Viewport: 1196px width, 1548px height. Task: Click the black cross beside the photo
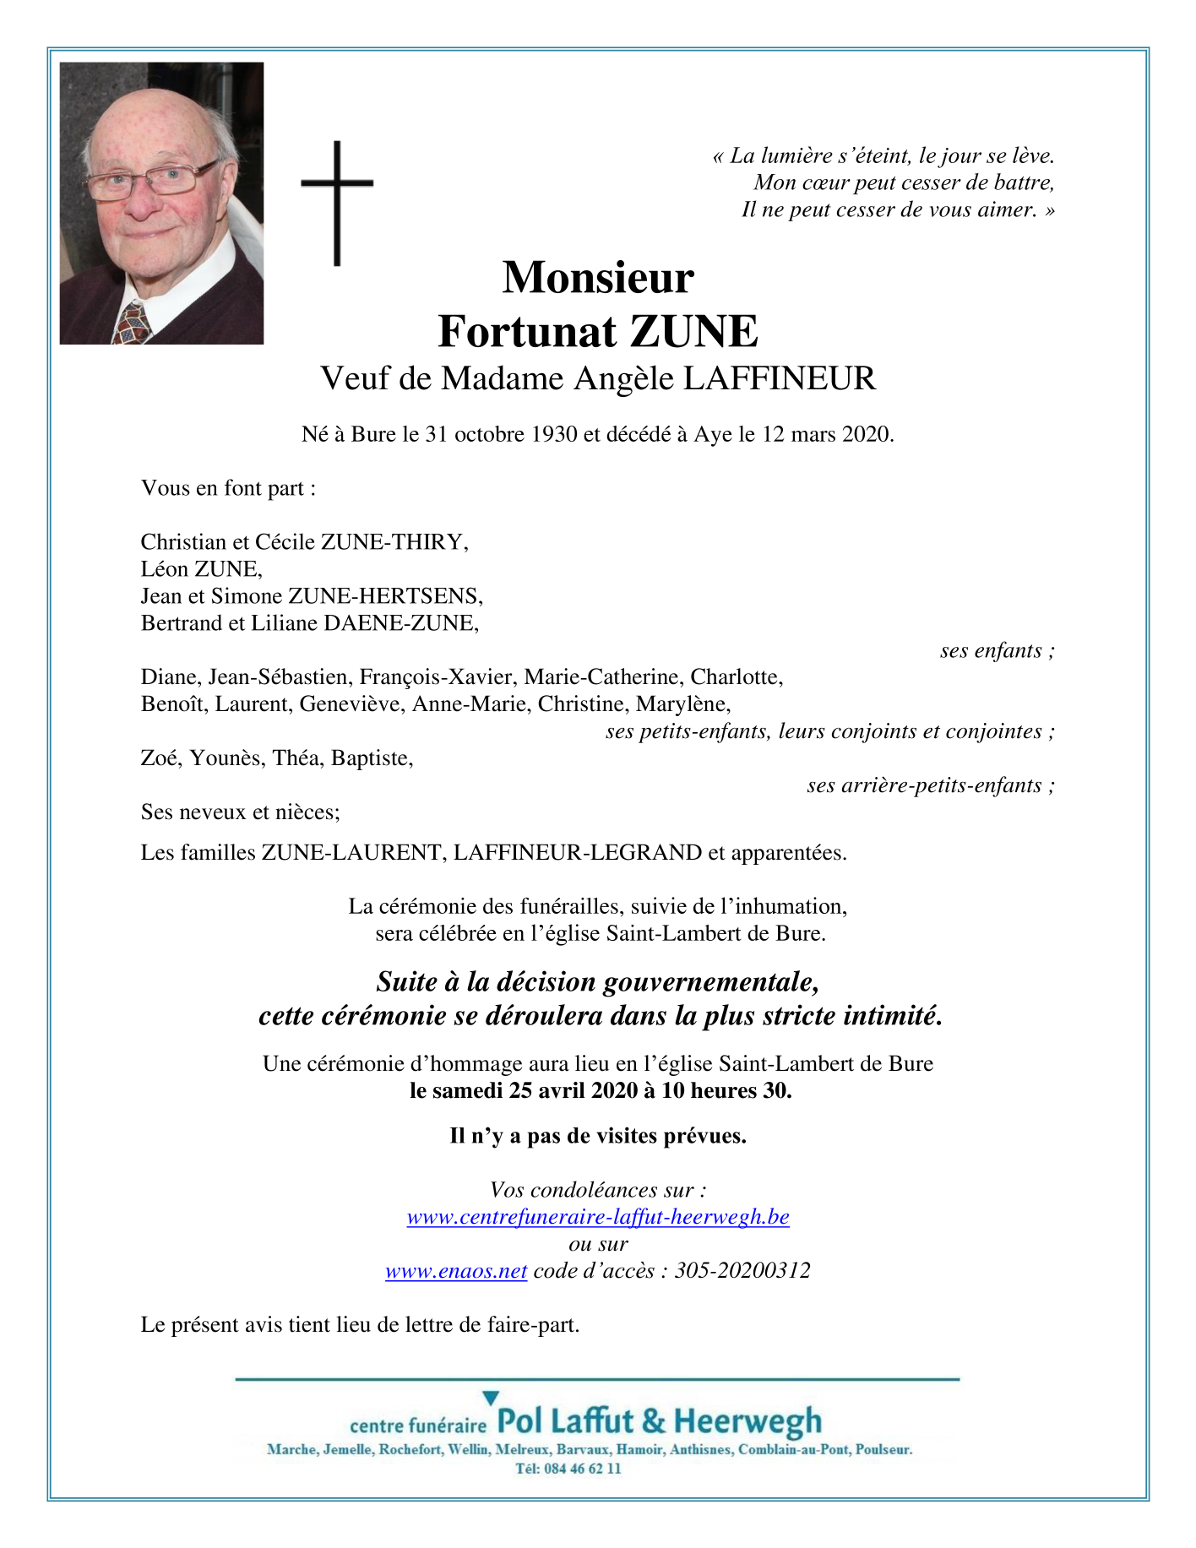[337, 203]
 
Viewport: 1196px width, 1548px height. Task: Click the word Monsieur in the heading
[598, 277]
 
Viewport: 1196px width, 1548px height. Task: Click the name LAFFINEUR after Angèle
[779, 378]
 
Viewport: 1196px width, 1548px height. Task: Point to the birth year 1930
[554, 434]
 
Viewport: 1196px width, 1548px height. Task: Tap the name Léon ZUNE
[202, 569]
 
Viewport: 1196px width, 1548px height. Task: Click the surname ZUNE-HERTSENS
[386, 596]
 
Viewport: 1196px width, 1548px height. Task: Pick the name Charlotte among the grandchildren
[737, 677]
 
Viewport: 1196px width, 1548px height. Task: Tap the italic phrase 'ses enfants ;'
[998, 650]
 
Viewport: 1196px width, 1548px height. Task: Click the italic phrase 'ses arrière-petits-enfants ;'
[931, 785]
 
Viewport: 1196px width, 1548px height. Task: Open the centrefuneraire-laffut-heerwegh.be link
[598, 1217]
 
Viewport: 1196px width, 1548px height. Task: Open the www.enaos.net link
[456, 1271]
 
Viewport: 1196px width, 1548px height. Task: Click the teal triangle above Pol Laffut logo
[491, 1399]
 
